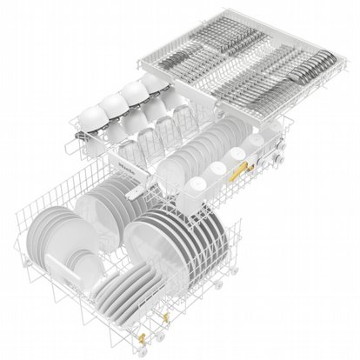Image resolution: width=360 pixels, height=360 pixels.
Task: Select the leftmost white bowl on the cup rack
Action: [93, 116]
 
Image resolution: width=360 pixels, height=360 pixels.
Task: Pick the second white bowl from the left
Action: [114, 103]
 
